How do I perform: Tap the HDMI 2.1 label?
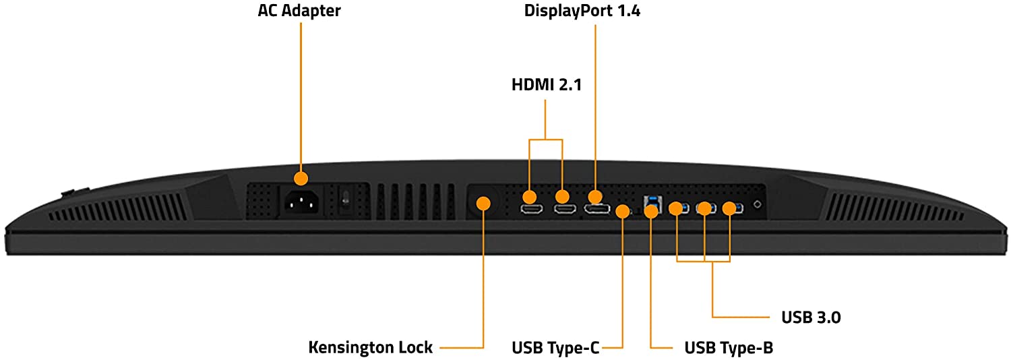[546, 86]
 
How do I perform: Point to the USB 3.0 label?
[811, 317]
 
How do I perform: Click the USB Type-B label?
[729, 348]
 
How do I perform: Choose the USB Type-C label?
[555, 348]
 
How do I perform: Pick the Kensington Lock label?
[370, 348]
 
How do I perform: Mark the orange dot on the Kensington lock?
[483, 203]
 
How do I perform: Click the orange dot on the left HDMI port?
[529, 198]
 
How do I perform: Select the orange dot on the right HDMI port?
[562, 198]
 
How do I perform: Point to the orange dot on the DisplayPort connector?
[595, 197]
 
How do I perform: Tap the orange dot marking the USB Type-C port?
[622, 212]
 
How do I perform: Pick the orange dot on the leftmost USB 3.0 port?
[676, 208]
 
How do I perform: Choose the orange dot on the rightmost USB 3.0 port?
[729, 208]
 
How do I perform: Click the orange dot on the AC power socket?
[301, 179]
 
